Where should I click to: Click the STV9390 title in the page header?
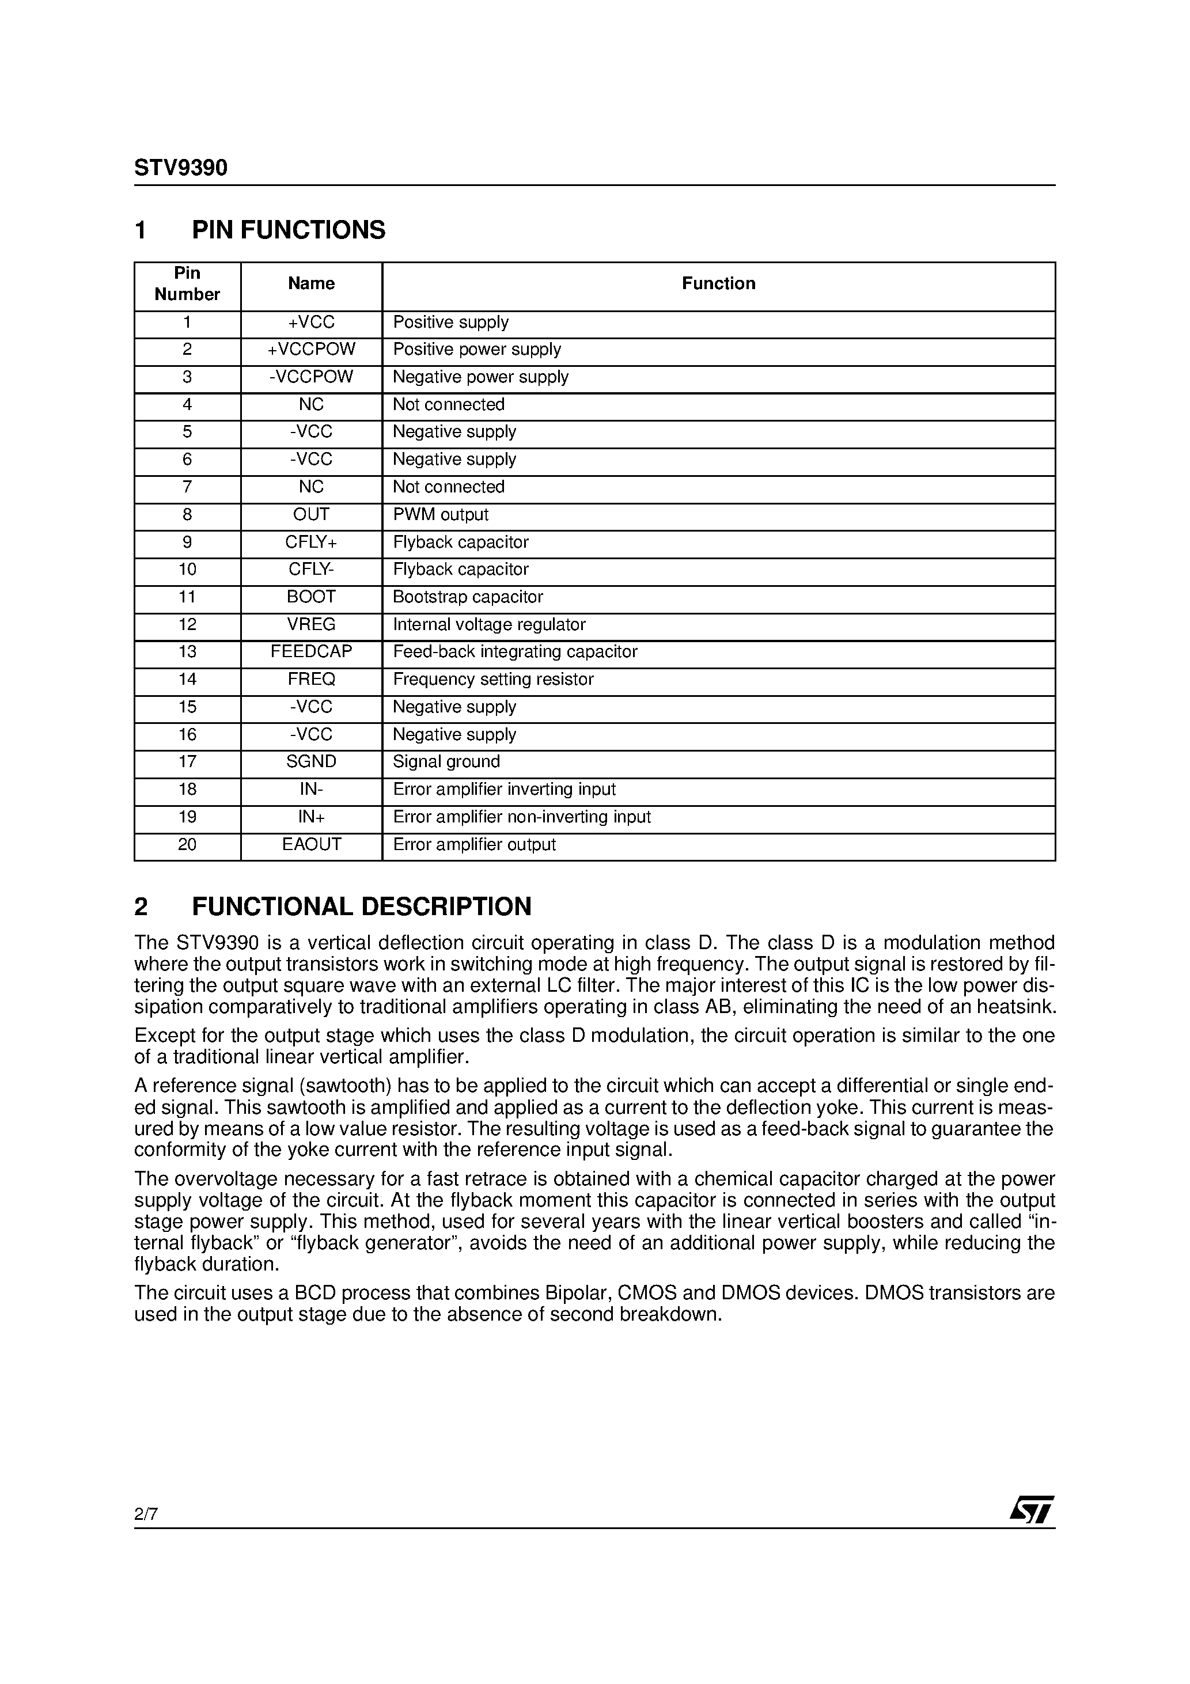180,168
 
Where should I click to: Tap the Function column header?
718,284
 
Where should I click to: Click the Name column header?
311,284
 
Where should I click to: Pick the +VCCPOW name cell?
311,350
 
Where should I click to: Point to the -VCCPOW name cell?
311,377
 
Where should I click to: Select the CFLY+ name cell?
311,543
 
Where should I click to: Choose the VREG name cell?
311,625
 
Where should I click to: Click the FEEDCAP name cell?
311,652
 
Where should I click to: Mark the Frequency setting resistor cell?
493,680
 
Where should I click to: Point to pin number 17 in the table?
187,762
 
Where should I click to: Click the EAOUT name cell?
311,845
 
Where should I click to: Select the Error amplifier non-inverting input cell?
522,817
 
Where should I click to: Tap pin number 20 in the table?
187,845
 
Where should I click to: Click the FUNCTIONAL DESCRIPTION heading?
361,907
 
